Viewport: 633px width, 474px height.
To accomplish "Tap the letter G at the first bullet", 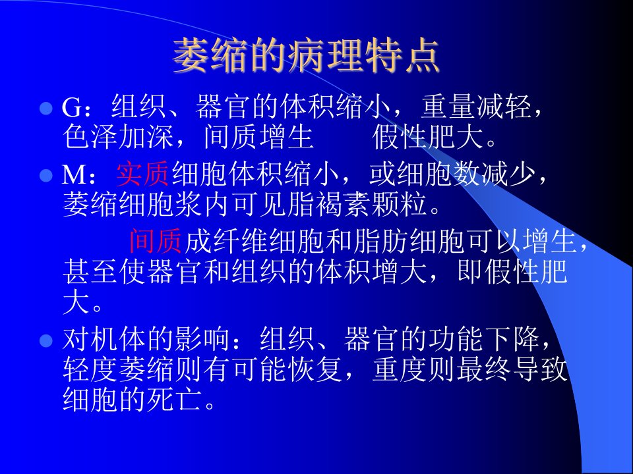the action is pos(72,107).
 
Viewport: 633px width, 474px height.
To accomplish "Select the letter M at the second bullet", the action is pos(74,175).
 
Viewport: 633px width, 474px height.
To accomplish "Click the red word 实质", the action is pos(143,174).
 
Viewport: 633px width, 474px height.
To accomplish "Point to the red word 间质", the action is pos(156,241).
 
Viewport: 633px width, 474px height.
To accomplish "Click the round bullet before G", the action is pos(46,109).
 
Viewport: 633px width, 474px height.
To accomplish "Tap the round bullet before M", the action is pos(46,175).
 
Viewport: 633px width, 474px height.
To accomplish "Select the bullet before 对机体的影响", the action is pos(46,340).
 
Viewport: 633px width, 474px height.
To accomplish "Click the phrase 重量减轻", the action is pos(475,107).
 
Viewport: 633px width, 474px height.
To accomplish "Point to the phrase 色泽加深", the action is pos(118,137).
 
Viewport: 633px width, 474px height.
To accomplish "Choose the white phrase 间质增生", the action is pos(258,137).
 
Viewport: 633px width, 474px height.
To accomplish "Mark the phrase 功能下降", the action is pos(483,339).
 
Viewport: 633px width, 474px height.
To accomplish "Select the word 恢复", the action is pos(315,369).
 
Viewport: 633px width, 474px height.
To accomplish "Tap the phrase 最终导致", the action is pos(512,369).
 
